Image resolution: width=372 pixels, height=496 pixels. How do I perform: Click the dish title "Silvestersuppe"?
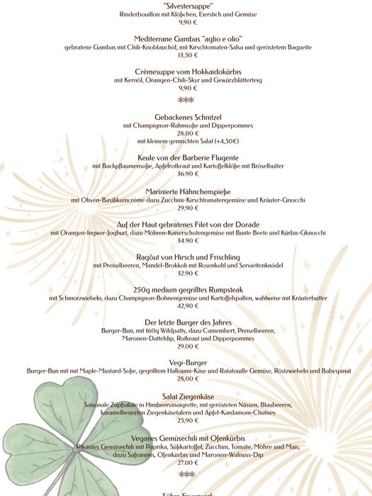pos(186,4)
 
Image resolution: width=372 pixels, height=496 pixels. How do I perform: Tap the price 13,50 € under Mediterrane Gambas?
pos(186,55)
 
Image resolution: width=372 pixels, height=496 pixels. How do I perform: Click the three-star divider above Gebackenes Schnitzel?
pos(186,101)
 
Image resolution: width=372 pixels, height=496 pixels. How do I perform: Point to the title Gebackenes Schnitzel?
pos(186,117)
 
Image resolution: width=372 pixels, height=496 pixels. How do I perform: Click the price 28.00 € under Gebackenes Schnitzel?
pos(186,133)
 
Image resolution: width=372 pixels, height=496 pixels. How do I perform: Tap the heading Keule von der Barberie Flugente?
pos(186,157)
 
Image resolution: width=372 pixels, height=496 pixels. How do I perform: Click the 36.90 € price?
pos(186,174)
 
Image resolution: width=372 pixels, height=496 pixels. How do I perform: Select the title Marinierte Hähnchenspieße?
pos(186,191)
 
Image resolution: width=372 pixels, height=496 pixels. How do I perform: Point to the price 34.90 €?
pos(186,241)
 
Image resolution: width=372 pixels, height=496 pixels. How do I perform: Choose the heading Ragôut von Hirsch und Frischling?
pos(186,257)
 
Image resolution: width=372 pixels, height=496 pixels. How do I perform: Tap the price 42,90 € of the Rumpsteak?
pos(186,306)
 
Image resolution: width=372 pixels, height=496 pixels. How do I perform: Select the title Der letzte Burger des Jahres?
pos(186,322)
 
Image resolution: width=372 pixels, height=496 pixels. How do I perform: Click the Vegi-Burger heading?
pos(186,362)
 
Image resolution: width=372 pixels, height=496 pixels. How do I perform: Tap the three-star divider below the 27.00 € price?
pos(186,474)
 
